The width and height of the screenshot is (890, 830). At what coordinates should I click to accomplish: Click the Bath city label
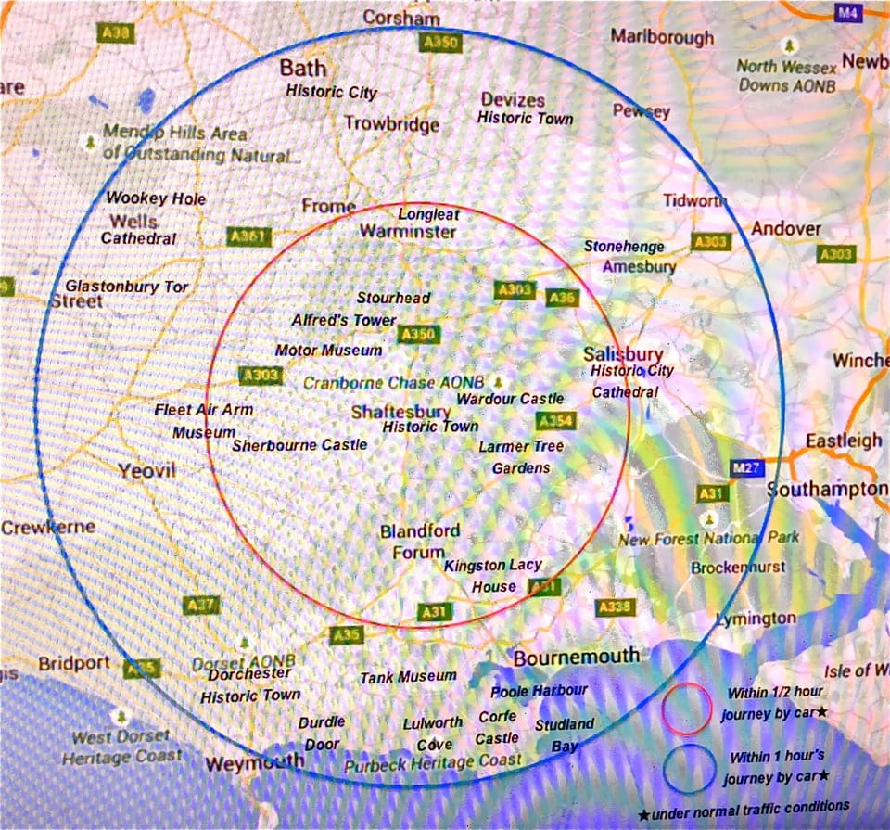(303, 69)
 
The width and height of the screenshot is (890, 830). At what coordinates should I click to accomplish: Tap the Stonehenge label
(624, 247)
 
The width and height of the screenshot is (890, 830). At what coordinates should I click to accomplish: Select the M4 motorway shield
(847, 12)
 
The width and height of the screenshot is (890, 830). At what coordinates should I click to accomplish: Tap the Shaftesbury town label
(400, 412)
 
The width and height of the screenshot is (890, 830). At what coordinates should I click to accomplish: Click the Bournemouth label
(576, 657)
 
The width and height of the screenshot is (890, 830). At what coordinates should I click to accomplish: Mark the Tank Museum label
(408, 677)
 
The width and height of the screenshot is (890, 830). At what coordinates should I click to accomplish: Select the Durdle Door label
(321, 733)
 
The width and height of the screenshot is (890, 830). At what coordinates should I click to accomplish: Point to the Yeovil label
(146, 471)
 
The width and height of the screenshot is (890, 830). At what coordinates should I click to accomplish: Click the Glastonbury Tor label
(126, 287)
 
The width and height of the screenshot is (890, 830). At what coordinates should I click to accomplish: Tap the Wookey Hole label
(156, 198)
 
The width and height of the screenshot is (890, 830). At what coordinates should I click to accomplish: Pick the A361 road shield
(248, 237)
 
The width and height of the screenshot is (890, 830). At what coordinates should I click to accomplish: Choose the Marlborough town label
(662, 37)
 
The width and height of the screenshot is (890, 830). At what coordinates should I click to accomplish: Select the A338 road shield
(615, 607)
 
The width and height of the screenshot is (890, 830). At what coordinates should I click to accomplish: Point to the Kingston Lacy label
(492, 566)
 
